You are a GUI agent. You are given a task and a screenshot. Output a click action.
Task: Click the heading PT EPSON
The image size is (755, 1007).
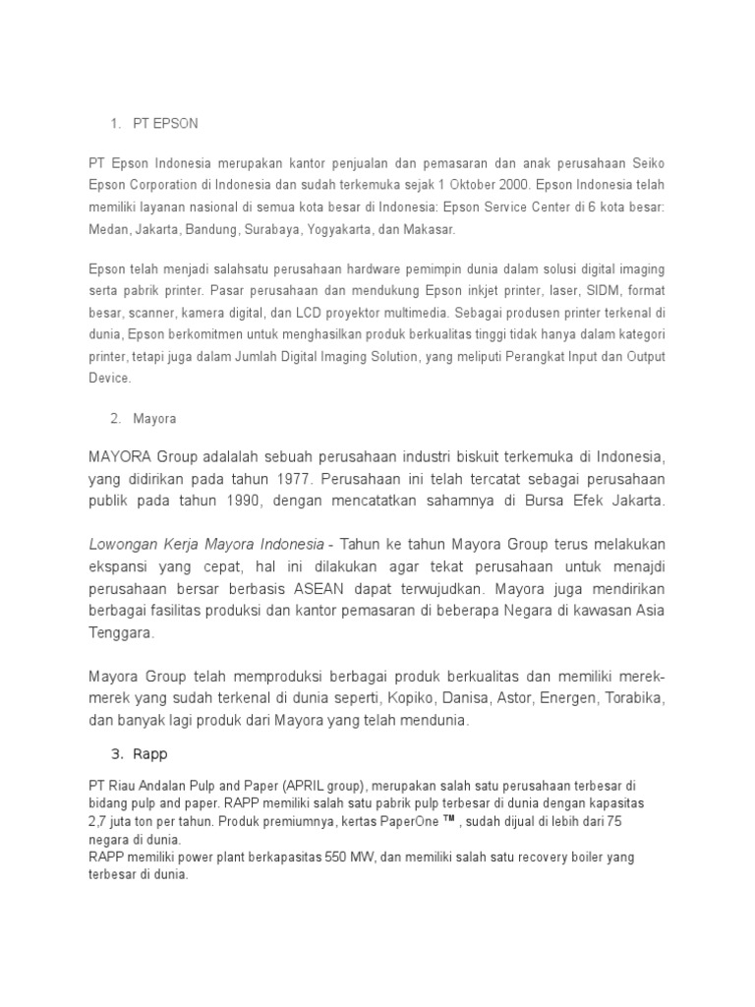(x=166, y=124)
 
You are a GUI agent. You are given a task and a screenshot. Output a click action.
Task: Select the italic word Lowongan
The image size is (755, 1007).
(x=123, y=544)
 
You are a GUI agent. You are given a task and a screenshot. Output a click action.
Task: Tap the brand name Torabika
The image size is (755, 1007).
(x=634, y=698)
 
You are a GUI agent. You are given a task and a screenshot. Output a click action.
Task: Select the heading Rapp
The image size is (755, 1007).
(x=152, y=755)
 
